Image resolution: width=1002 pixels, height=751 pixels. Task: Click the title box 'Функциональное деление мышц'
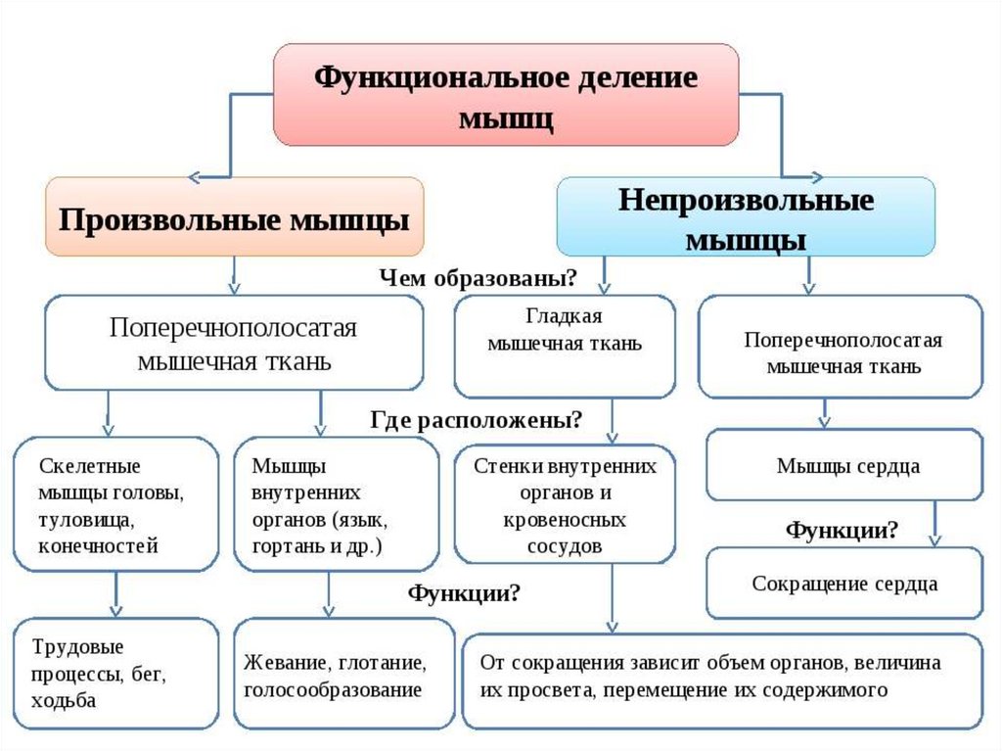click(505, 95)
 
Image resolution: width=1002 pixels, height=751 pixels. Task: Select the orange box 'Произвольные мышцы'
click(235, 217)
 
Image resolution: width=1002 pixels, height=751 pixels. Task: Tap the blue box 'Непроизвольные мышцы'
click(746, 217)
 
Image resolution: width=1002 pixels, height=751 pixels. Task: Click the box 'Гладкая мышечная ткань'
click(565, 345)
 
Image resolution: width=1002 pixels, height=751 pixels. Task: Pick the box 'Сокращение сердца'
click(844, 585)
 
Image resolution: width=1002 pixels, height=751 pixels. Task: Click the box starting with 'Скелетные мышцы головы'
click(115, 504)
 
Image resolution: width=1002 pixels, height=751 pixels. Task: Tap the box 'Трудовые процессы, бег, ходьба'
click(115, 674)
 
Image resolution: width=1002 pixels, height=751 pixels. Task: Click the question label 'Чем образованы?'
click(478, 279)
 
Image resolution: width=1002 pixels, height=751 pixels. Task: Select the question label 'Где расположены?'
click(477, 421)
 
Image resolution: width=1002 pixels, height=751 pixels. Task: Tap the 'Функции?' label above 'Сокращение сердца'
click(843, 531)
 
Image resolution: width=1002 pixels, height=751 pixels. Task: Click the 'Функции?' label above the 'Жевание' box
click(464, 593)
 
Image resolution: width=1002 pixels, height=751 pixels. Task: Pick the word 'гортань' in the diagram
click(283, 546)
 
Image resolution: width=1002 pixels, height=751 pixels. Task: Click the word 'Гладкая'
click(563, 318)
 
